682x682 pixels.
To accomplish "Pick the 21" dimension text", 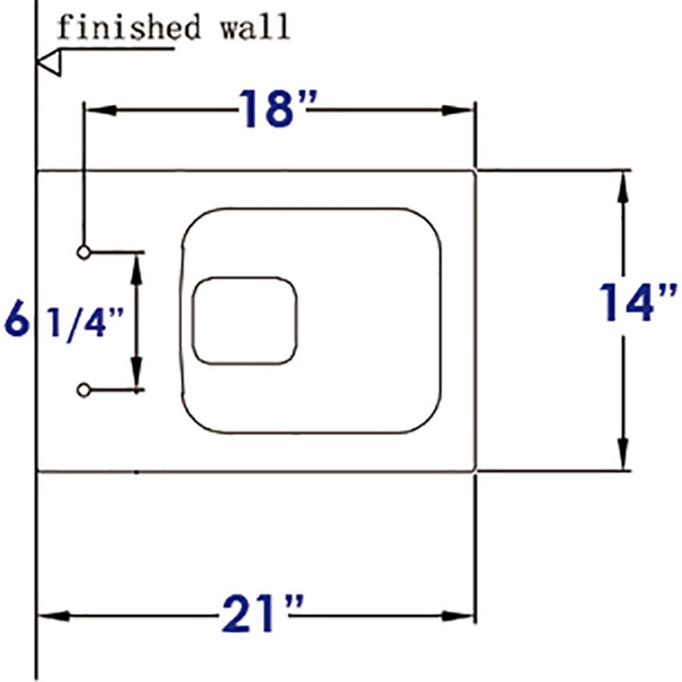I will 262,615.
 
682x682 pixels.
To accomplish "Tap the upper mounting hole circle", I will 83,252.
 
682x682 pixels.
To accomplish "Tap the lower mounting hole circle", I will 83,390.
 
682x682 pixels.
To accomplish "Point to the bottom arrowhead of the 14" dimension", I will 622,454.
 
